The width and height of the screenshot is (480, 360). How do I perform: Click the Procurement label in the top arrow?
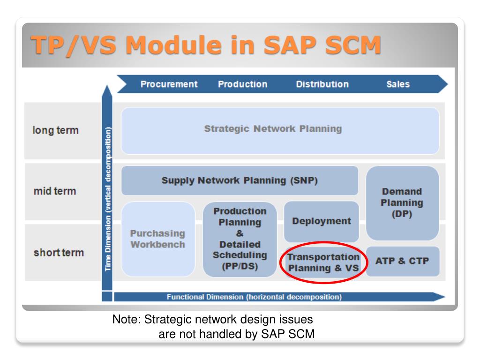pyautogui.click(x=169, y=84)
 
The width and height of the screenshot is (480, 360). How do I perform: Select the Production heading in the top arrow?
pyautogui.click(x=242, y=84)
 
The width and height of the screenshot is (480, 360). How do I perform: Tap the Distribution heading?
pyautogui.click(x=322, y=84)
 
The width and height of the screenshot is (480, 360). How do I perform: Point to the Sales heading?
pyautogui.click(x=398, y=84)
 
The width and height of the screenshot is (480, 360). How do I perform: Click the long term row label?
pyautogui.click(x=56, y=130)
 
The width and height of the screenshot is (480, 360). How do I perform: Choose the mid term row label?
pyautogui.click(x=55, y=191)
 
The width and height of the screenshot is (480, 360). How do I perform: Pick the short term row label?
pyautogui.click(x=59, y=253)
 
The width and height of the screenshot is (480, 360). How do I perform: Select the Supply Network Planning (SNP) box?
pyautogui.click(x=240, y=180)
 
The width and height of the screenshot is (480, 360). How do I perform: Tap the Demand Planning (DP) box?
pyautogui.click(x=402, y=203)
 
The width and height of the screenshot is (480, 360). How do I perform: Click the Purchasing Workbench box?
pyautogui.click(x=157, y=239)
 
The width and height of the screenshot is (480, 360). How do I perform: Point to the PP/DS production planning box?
pyautogui.click(x=240, y=239)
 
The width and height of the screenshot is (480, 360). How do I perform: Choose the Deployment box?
pyautogui.click(x=321, y=221)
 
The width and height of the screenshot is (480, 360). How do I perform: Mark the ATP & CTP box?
pyautogui.click(x=402, y=261)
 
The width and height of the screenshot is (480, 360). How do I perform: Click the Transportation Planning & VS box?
pyautogui.click(x=323, y=262)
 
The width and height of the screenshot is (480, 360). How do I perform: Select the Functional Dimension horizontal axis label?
pyautogui.click(x=255, y=297)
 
